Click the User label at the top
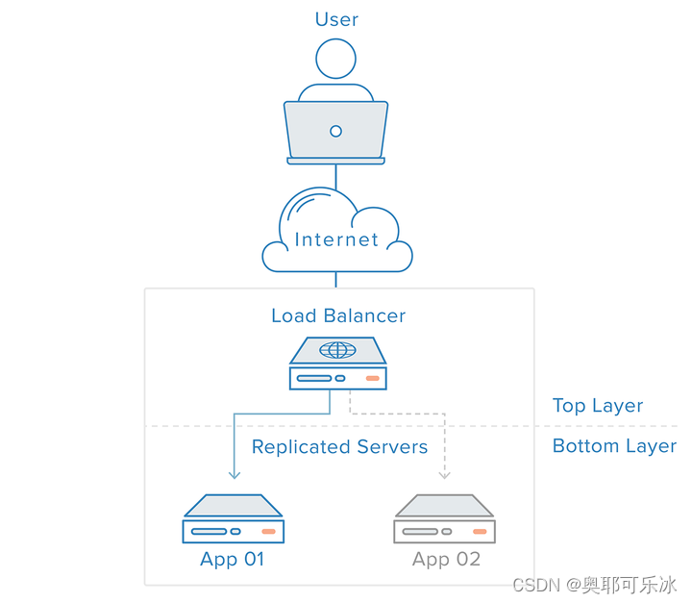click(x=336, y=19)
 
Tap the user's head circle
click(x=336, y=59)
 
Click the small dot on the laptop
click(x=335, y=131)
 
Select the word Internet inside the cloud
click(x=336, y=239)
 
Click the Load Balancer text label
click(x=338, y=315)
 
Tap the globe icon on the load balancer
click(x=337, y=351)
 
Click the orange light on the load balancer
click(x=373, y=378)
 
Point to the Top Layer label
click(x=597, y=406)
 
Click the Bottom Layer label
click(x=614, y=446)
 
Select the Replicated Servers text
click(x=339, y=447)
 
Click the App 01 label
click(x=232, y=559)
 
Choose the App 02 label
click(x=446, y=559)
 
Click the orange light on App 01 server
click(x=268, y=531)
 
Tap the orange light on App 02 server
click(x=480, y=531)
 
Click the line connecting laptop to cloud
click(x=335, y=175)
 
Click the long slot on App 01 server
click(x=207, y=531)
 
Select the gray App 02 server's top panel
click(x=444, y=505)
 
